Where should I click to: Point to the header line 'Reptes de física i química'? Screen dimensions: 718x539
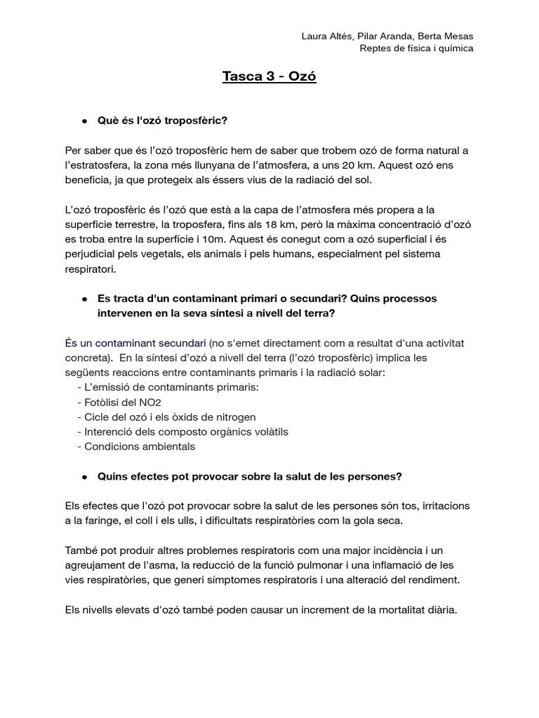pyautogui.click(x=416, y=48)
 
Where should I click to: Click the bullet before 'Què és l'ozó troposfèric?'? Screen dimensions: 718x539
pyautogui.click(x=84, y=121)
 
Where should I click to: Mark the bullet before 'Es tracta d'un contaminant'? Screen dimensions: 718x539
pyautogui.click(x=84, y=299)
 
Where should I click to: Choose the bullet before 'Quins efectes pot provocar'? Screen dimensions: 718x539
pyautogui.click(x=84, y=477)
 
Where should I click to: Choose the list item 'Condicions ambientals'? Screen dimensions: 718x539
pyautogui.click(x=139, y=447)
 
